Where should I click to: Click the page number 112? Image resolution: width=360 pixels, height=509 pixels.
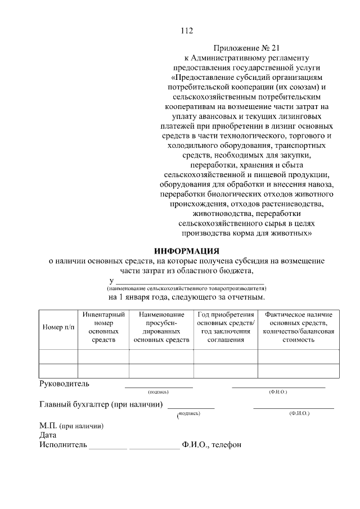tap(187, 31)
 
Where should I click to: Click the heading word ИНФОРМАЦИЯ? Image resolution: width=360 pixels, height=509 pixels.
tap(187, 250)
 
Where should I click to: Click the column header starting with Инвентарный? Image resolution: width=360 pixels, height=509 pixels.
tap(103, 327)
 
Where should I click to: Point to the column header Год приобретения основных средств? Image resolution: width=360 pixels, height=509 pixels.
tap(226, 327)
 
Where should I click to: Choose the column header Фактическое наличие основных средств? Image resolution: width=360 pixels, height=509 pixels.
tap(299, 327)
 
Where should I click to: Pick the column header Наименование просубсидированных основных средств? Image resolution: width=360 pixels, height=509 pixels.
tap(161, 327)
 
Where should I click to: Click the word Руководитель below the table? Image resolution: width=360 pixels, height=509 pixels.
tap(64, 384)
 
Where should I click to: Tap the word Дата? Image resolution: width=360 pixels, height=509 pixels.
tap(48, 435)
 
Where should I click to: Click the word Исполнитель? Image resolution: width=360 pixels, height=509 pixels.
tap(63, 445)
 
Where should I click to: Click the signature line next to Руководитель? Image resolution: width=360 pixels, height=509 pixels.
tap(159, 387)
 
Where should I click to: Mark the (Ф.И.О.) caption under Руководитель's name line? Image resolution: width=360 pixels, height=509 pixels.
tap(278, 391)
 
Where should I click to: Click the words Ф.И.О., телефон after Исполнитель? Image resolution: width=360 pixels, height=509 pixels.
tap(211, 445)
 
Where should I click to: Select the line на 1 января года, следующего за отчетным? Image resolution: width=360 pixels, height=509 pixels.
tap(187, 296)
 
